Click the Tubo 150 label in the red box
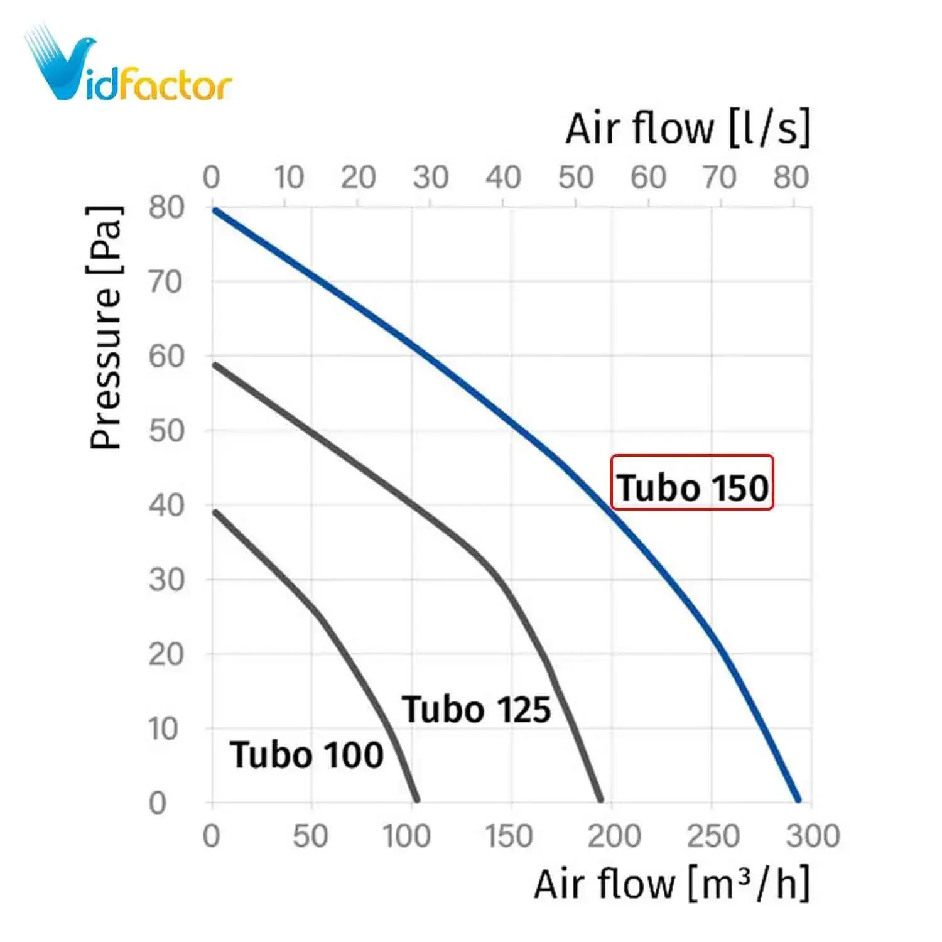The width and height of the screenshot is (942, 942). [692, 487]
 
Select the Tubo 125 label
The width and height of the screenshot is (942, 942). [477, 710]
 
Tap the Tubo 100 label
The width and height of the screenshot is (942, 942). [306, 754]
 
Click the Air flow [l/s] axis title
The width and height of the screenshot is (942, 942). [688, 128]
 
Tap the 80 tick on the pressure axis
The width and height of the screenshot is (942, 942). [166, 207]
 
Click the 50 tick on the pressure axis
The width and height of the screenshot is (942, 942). [166, 431]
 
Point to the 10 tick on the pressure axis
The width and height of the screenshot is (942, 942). [163, 729]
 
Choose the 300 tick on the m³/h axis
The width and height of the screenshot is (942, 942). [813, 836]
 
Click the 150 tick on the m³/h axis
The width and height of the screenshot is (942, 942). [509, 836]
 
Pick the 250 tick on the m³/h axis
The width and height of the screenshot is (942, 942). [713, 836]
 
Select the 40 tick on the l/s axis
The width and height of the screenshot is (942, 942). [503, 178]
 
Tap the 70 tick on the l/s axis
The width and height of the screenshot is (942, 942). [720, 178]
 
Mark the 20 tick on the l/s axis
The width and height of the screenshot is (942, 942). [358, 178]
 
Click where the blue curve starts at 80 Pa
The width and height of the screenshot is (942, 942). [215, 210]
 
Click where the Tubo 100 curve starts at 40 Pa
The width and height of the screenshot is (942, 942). [215, 512]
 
